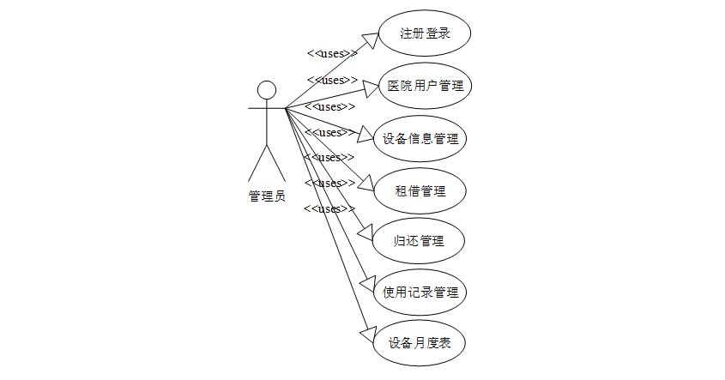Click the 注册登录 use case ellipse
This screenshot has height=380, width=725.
click(426, 34)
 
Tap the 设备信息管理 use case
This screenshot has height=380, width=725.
click(420, 138)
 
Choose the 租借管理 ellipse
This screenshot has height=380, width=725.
click(420, 190)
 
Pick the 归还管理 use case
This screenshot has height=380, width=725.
click(420, 241)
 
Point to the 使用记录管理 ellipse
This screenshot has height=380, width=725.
click(420, 292)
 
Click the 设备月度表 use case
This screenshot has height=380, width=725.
click(420, 343)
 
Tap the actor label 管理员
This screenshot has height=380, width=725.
click(267, 196)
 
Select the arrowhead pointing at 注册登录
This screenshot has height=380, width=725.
click(370, 39)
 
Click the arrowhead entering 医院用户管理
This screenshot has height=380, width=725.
click(370, 86)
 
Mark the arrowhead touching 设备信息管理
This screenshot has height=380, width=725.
click(366, 136)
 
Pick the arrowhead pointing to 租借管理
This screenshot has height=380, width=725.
click(364, 184)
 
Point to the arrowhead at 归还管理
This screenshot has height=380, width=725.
click(364, 232)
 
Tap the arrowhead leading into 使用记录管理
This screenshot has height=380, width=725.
click(366, 283)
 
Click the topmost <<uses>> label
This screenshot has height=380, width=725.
click(332, 53)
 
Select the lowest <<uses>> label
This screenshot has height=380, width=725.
click(329, 209)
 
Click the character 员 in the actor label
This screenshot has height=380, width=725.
click(280, 196)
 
